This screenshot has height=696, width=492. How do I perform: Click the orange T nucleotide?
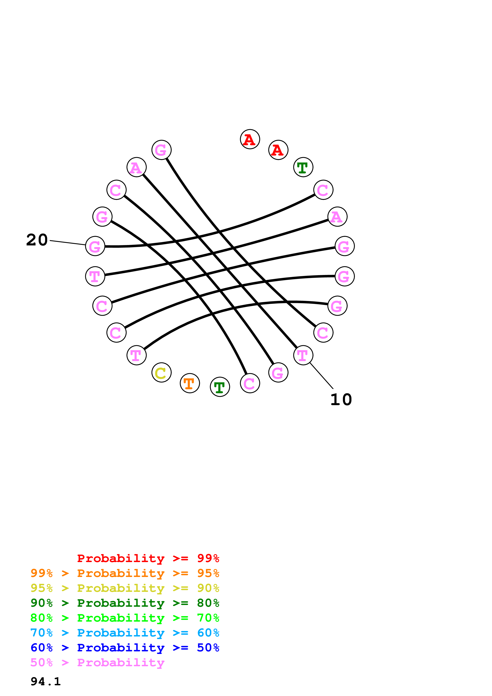[190, 384]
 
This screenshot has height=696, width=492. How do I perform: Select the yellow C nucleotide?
[161, 373]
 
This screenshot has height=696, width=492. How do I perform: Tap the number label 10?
[341, 400]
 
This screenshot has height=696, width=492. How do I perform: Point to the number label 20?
[37, 240]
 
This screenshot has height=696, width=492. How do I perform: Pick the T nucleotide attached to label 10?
[303, 355]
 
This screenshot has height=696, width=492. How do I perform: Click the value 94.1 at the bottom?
[45, 682]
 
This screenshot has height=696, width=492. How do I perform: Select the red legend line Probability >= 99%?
[148, 558]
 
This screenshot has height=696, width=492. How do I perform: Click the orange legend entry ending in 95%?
[125, 573]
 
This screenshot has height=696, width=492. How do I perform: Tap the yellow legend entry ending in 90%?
[125, 588]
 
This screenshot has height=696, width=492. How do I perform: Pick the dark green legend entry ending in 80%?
[125, 603]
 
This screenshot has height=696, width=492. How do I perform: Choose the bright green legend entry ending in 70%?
[125, 618]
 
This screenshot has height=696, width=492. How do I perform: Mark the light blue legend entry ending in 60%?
[125, 633]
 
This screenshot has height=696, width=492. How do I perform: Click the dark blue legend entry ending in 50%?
[125, 648]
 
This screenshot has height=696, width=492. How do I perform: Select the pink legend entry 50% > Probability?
[97, 662]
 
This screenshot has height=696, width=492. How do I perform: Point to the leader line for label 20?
[67, 242]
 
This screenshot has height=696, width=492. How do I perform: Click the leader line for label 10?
[322, 376]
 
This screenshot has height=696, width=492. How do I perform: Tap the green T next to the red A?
[303, 167]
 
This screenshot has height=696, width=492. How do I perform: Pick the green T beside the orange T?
[220, 387]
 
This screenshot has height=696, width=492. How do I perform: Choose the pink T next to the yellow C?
[136, 355]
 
